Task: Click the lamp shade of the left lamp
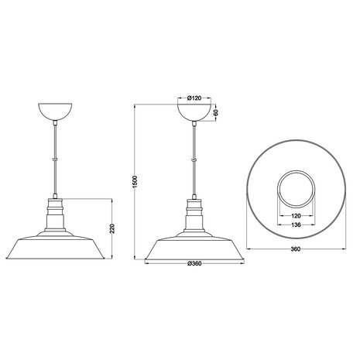(x=55, y=248)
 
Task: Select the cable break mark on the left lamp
(x=55, y=159)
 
